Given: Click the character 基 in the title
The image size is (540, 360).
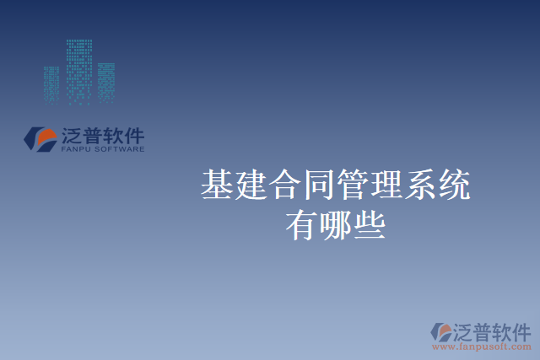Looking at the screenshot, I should point(217,185).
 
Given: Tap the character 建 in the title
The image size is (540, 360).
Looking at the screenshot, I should point(251,185).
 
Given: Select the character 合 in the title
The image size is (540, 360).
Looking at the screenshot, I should point(284,185).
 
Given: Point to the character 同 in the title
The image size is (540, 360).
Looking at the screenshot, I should point(318,185).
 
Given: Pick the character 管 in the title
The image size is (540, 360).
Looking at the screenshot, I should point(352,185).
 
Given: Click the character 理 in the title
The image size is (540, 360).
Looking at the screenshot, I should point(386,185).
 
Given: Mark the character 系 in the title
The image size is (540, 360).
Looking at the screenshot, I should point(419,185).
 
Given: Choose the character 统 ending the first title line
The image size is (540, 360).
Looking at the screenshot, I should point(453,185).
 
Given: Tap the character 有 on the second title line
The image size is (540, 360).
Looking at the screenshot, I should point(301,225).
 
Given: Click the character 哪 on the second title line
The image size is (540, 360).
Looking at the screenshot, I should point(335,225).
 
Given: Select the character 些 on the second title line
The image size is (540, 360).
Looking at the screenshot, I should point(369,225).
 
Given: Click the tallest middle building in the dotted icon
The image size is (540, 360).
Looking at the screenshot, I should point(79,71).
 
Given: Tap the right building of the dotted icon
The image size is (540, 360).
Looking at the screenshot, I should point(106,83).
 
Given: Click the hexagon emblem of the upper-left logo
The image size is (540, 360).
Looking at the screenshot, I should point(40,138).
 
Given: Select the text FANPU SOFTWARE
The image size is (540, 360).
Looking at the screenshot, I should point(103,149).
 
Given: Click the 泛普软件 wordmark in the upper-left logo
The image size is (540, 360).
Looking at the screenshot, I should point(103,135).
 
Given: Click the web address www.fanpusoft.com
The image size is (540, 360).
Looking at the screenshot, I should point(482,346).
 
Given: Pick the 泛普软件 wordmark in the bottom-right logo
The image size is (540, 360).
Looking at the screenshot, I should point(492,330).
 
